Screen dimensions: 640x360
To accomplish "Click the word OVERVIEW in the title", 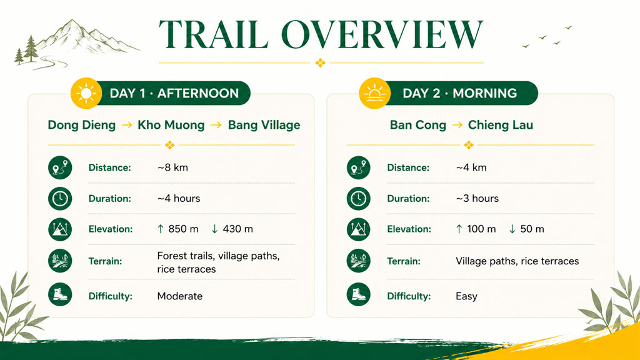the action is (x=382, y=34).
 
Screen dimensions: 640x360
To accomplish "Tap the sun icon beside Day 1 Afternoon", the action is (x=86, y=94).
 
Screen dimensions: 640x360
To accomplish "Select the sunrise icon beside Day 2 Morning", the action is (x=375, y=94).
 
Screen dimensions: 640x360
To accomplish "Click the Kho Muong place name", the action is (x=171, y=125).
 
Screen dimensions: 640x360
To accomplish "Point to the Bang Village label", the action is (x=264, y=125).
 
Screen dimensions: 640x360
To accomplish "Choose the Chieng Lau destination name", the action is (x=501, y=125).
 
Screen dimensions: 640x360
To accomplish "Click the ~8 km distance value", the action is (x=172, y=167).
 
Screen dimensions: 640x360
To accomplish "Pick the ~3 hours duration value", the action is (x=477, y=198).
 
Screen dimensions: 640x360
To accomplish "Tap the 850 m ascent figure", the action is (x=183, y=229).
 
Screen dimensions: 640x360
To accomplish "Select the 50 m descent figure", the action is (x=532, y=229).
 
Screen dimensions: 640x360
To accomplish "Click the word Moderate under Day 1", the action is (x=179, y=296).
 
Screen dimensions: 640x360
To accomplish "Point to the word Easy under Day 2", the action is (x=466, y=296).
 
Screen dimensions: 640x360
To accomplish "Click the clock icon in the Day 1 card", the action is (x=60, y=198).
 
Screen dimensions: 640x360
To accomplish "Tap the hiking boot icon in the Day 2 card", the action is (x=358, y=294).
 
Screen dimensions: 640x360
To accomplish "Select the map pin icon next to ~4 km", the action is (x=358, y=167).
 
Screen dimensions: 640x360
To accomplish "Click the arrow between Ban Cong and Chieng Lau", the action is (x=457, y=125).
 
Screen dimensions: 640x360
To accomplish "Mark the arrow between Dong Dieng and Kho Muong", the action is (x=127, y=125).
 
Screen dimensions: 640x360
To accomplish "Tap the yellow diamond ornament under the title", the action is (x=321, y=63).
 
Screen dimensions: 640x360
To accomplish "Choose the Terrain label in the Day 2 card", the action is (x=404, y=261).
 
